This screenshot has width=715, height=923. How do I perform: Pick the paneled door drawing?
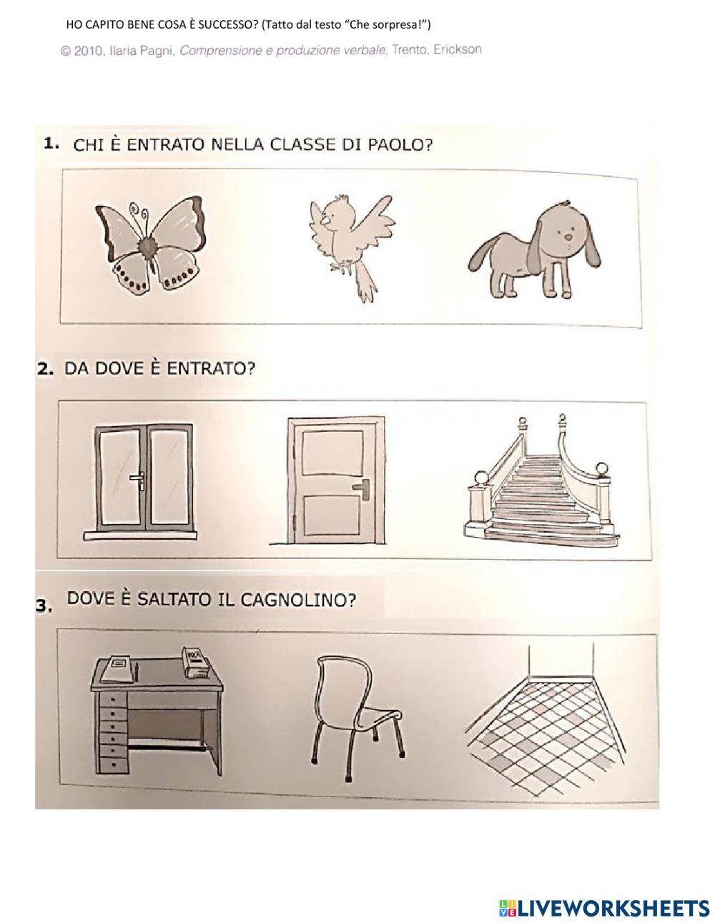(333, 480)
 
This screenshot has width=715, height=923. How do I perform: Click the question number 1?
(51, 144)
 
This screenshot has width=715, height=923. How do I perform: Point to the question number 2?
(45, 370)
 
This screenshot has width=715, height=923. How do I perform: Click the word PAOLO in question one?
(405, 145)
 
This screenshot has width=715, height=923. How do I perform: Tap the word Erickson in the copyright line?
(457, 50)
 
